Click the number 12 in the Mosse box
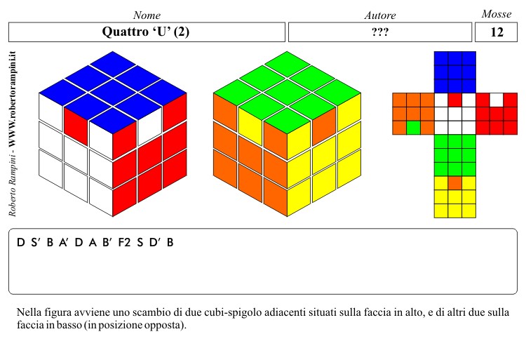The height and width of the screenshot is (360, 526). coord(497,32)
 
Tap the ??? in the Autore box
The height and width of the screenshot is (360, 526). coord(380,32)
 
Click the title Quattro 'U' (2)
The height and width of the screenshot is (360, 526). coord(146,32)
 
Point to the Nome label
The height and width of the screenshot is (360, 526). coord(147,15)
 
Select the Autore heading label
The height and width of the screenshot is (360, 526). coord(380,15)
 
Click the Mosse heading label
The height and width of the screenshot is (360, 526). coord(497,14)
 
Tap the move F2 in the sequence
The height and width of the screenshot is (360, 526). coord(124,242)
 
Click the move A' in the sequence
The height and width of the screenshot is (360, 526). coord(64,242)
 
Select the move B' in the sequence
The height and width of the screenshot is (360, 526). coord(107,242)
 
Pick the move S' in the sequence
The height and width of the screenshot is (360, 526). coord(36,242)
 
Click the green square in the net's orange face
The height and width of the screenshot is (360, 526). coord(413,128)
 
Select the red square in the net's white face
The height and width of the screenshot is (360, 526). coord(455,100)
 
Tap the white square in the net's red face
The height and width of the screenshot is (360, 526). coord(497,100)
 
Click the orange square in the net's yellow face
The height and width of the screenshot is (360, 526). coord(455,183)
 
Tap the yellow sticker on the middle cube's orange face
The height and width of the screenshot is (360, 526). coord(250,125)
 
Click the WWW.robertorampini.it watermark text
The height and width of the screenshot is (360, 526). coord(13,99)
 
